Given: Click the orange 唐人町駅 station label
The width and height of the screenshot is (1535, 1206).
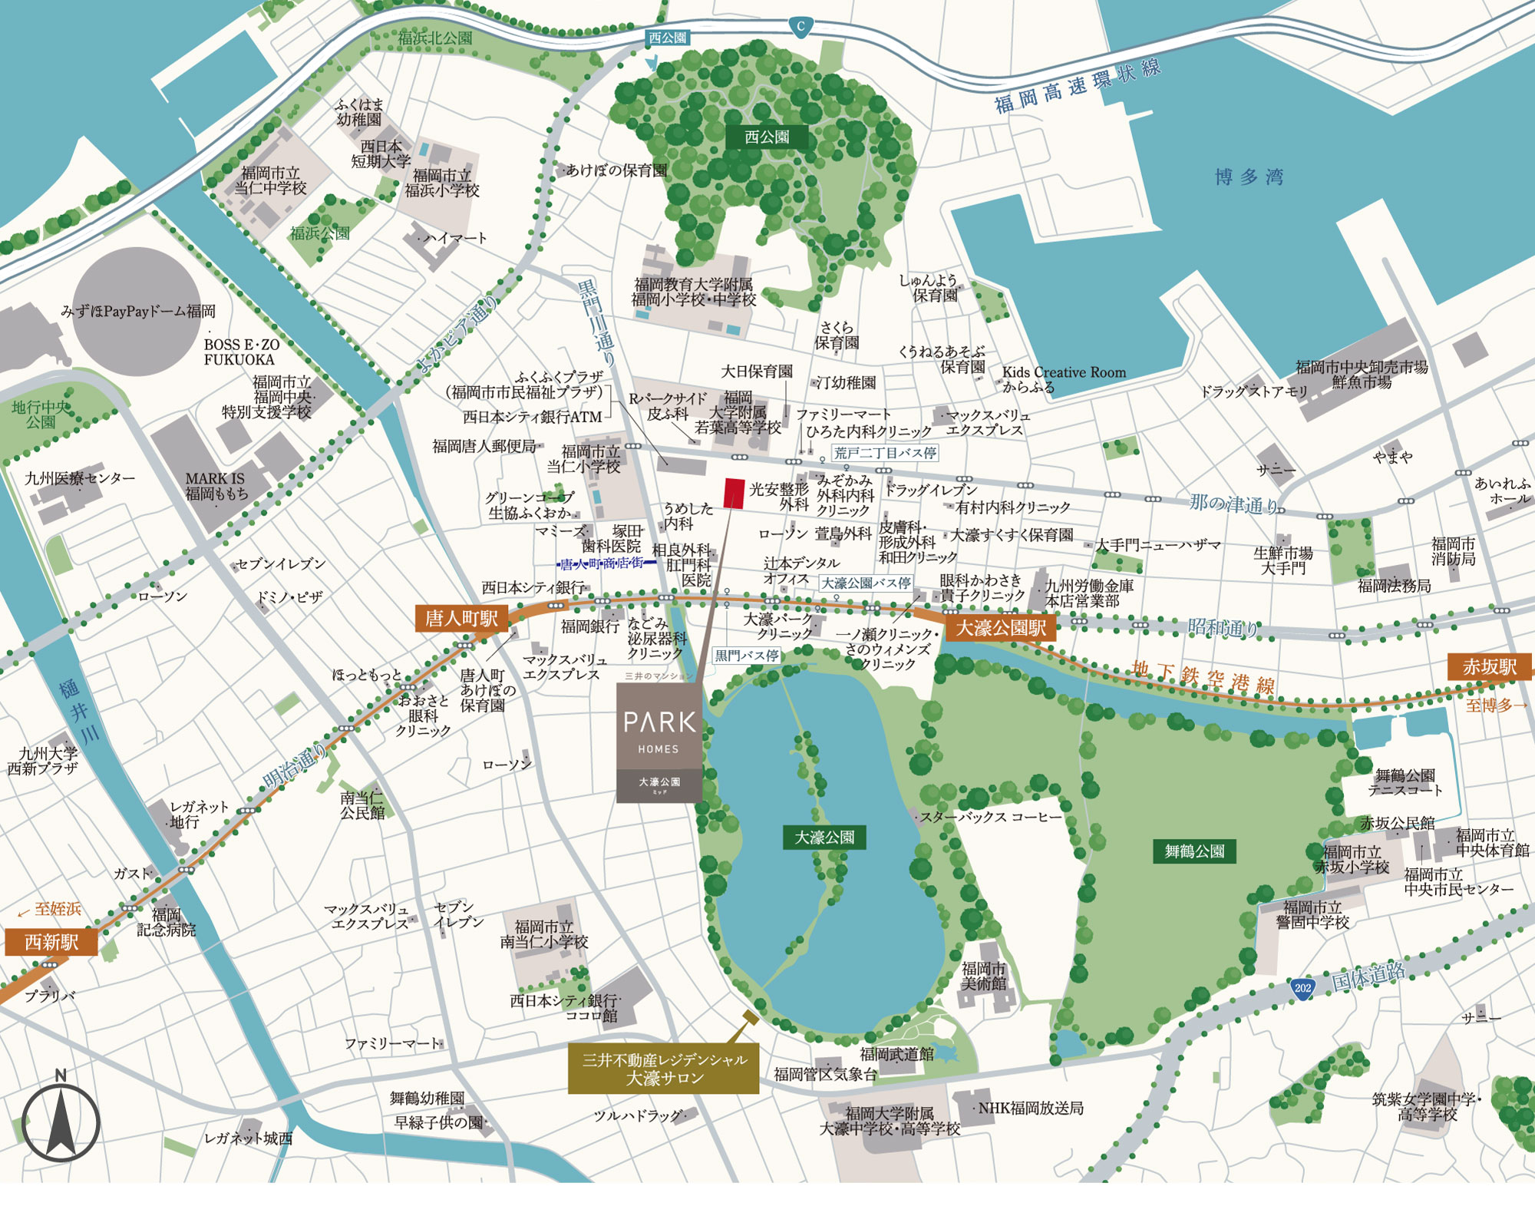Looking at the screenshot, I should click(x=461, y=619).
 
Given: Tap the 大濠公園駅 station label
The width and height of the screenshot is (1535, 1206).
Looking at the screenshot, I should click(x=1001, y=628).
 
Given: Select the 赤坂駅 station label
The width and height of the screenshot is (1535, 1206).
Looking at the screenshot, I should click(x=1490, y=667).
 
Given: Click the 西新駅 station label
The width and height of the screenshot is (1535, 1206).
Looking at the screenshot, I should click(x=51, y=942).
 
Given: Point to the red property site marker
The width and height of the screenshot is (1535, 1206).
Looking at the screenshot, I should click(x=734, y=493).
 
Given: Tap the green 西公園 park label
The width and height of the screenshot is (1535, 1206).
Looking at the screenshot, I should click(x=767, y=137).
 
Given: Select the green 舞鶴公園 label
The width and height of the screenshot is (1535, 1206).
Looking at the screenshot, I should click(x=1194, y=851).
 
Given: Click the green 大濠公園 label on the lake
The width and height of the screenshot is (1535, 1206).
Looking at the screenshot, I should click(x=824, y=837).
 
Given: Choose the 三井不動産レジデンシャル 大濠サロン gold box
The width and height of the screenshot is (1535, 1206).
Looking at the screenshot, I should click(x=663, y=1069).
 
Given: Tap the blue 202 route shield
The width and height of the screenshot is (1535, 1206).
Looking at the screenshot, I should click(x=1302, y=988).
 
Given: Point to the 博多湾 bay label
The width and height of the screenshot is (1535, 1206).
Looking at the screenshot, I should click(x=1249, y=177).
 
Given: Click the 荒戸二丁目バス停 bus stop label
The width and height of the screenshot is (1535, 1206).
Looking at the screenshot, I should click(x=885, y=453).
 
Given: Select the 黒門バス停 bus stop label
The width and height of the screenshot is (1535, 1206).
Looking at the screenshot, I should click(x=747, y=656).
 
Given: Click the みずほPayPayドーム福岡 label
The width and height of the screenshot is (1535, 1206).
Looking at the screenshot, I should click(x=138, y=312).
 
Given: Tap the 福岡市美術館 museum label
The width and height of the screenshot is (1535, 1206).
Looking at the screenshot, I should click(x=983, y=976).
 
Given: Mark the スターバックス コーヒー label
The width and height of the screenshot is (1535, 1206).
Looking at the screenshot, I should click(x=991, y=818).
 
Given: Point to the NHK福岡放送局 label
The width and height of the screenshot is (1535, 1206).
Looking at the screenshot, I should click(x=1030, y=1108).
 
